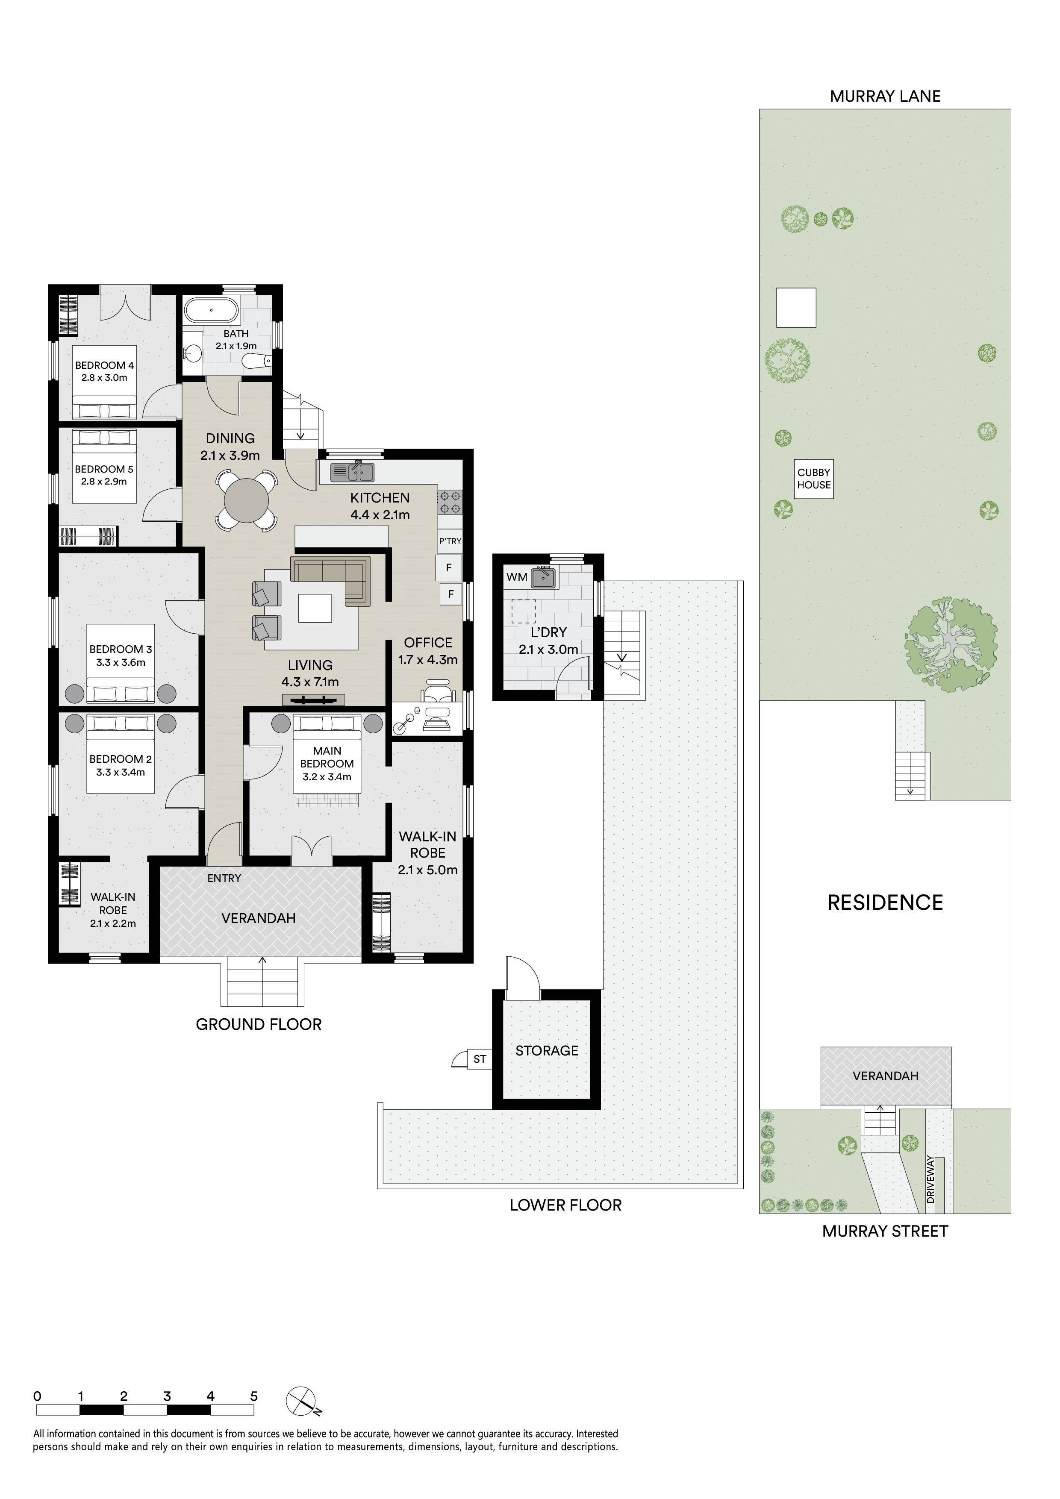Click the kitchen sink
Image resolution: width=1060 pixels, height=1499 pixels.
click(x=352, y=471)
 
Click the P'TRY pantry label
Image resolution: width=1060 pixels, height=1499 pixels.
click(x=450, y=541)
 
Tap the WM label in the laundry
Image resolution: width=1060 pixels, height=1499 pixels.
click(x=517, y=577)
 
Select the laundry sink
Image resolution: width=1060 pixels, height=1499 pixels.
click(x=543, y=577)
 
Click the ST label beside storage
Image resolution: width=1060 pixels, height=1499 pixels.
click(x=480, y=1059)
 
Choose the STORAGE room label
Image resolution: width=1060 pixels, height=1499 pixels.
click(x=547, y=1050)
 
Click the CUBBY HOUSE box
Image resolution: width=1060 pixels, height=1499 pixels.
click(x=814, y=479)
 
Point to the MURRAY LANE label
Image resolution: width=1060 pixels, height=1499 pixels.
click(x=885, y=96)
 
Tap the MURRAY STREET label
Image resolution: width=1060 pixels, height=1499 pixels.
click(x=885, y=1231)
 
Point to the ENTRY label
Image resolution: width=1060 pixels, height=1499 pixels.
click(x=224, y=878)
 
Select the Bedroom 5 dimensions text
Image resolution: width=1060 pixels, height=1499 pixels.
click(x=104, y=481)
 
